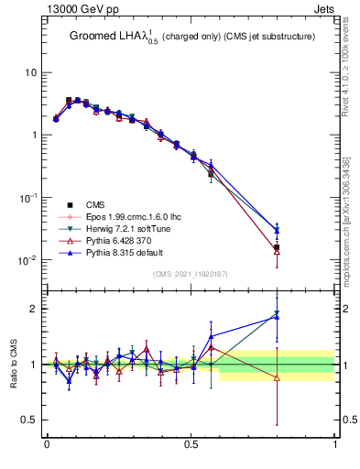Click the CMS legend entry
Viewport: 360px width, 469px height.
pos(95,205)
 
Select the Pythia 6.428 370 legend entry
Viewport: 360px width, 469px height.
pos(114,240)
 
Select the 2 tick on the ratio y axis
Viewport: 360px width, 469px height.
pos(33,309)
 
